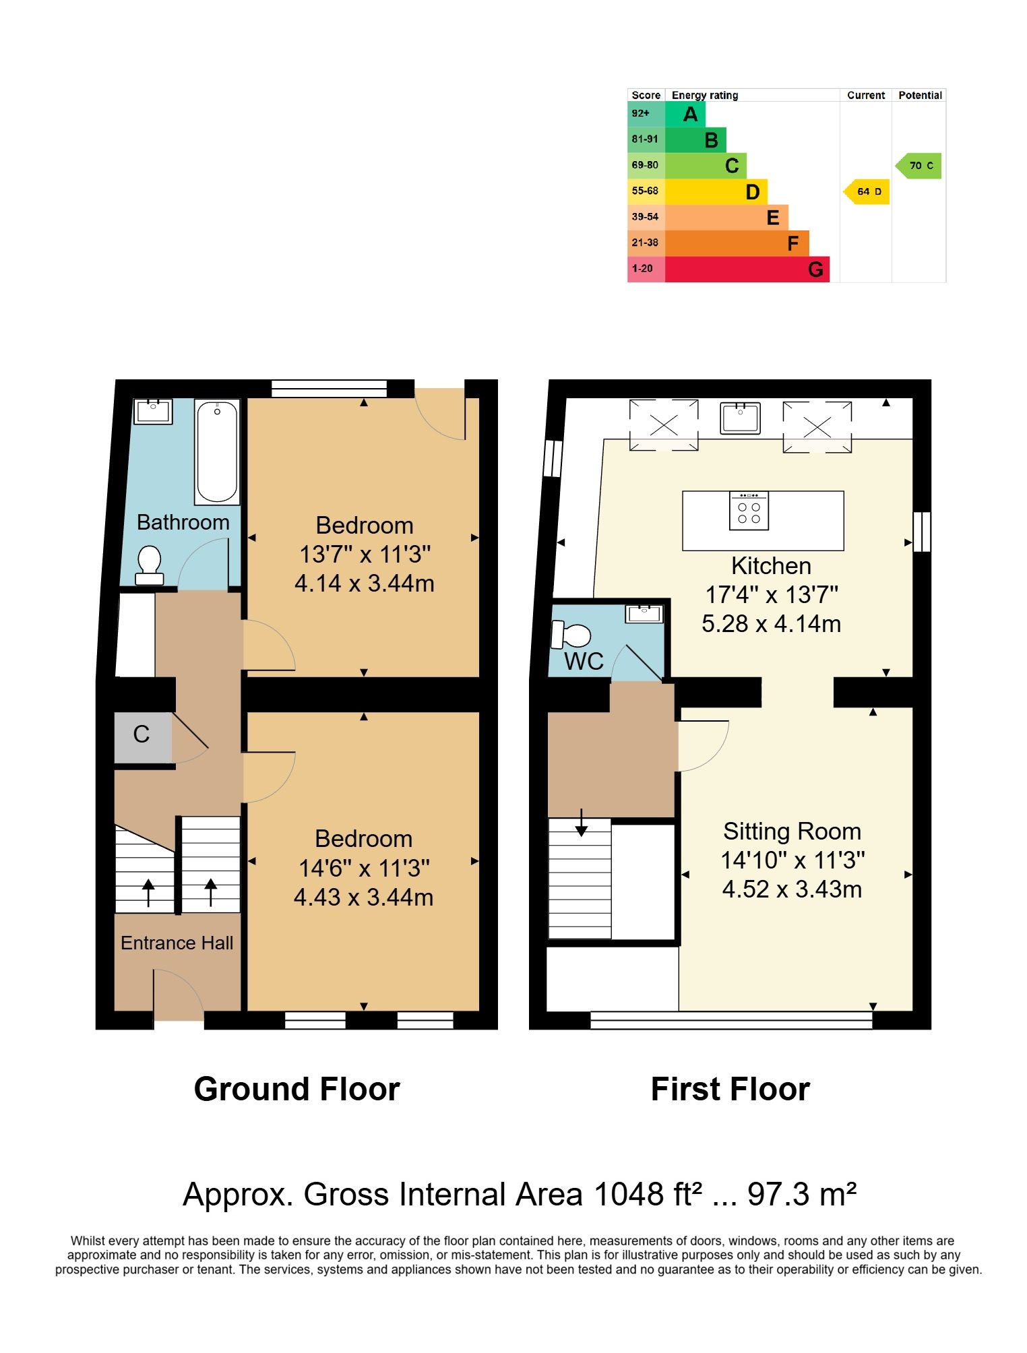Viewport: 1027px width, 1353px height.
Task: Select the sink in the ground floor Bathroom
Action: (x=154, y=412)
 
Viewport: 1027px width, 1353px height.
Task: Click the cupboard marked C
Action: (x=142, y=738)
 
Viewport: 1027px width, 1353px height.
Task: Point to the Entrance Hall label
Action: (x=177, y=943)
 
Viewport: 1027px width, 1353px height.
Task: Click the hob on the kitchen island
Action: (x=749, y=511)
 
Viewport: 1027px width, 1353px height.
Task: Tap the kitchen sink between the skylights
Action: (x=740, y=418)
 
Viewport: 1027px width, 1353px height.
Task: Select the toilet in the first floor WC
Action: (x=571, y=635)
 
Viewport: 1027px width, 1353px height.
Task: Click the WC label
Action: (x=584, y=661)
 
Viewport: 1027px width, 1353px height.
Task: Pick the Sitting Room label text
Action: (x=792, y=831)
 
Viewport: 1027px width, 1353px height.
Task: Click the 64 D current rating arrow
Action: (x=867, y=192)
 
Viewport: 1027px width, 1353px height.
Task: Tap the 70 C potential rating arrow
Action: (x=918, y=166)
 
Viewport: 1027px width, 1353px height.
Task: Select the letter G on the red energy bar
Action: (x=815, y=270)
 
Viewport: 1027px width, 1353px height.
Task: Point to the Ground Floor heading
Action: (x=297, y=1090)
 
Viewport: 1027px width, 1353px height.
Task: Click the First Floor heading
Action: (x=730, y=1090)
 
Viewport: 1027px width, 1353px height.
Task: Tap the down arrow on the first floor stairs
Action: (x=581, y=822)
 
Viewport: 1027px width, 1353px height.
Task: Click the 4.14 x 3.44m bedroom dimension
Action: (x=364, y=583)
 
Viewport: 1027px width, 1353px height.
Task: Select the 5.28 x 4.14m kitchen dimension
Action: (x=771, y=624)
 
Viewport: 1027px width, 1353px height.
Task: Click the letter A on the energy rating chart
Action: (x=690, y=115)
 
